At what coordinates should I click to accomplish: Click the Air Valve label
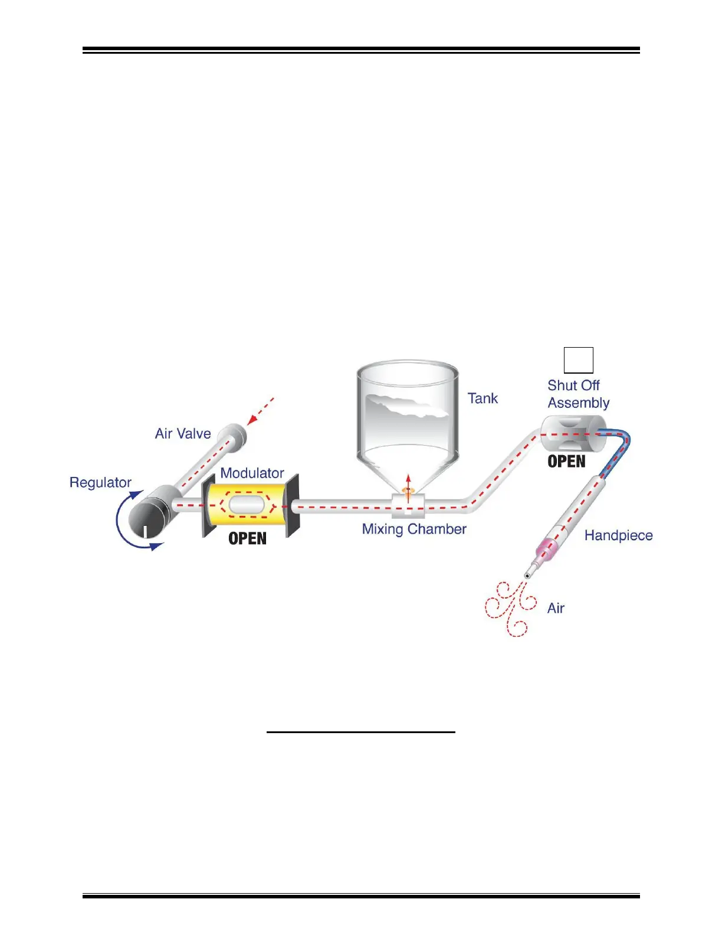(183, 434)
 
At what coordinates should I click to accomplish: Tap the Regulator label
(100, 483)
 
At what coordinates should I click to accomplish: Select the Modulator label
(252, 473)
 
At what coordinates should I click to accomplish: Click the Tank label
(483, 399)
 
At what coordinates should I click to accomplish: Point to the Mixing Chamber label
(414, 529)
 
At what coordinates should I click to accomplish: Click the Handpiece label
(618, 536)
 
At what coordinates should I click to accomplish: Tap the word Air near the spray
(556, 609)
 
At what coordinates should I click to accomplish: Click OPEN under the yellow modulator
(247, 539)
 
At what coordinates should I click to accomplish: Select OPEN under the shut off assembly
(566, 462)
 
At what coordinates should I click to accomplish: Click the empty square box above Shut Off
(578, 360)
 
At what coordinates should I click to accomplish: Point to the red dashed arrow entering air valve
(261, 410)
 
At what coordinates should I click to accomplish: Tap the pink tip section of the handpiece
(547, 549)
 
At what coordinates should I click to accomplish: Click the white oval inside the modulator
(247, 505)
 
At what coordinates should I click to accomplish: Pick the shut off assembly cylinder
(573, 434)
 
